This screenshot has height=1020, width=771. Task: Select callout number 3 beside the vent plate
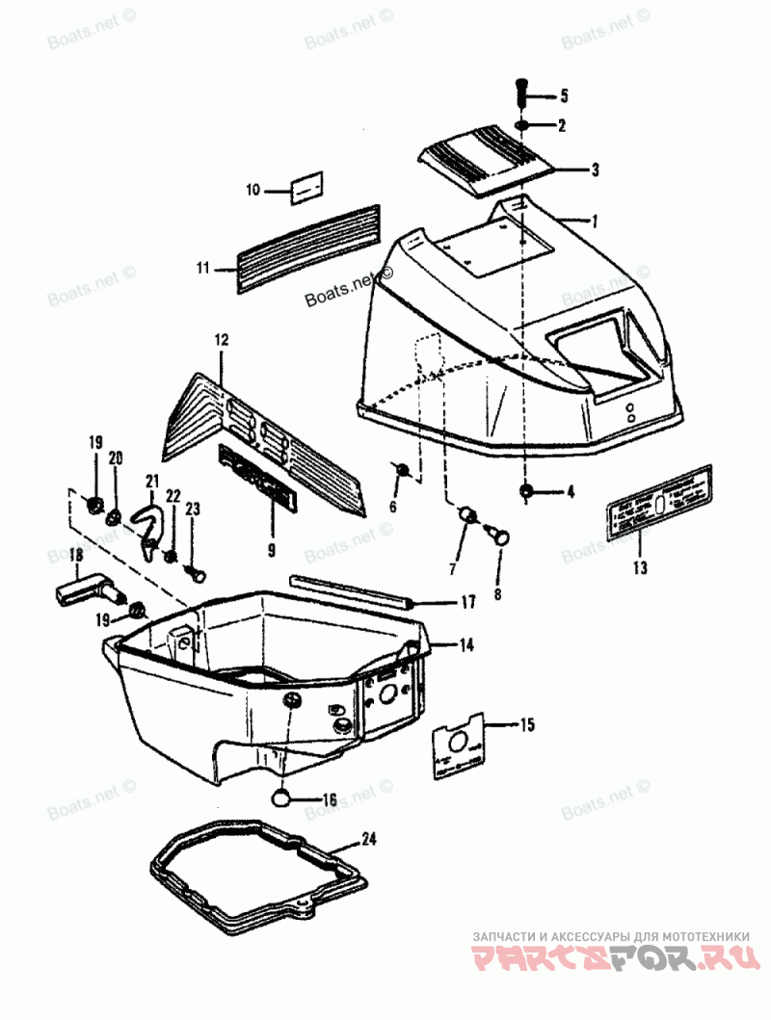point(596,170)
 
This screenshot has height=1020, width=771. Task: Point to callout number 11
point(202,269)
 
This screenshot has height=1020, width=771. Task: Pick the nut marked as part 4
point(527,492)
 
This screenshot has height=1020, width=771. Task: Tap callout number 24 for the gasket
point(367,839)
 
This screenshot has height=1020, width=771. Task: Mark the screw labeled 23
point(197,574)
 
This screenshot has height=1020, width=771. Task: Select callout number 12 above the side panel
point(221,340)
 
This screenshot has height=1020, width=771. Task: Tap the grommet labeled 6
point(404,470)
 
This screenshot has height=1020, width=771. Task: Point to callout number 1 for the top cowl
point(595,221)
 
